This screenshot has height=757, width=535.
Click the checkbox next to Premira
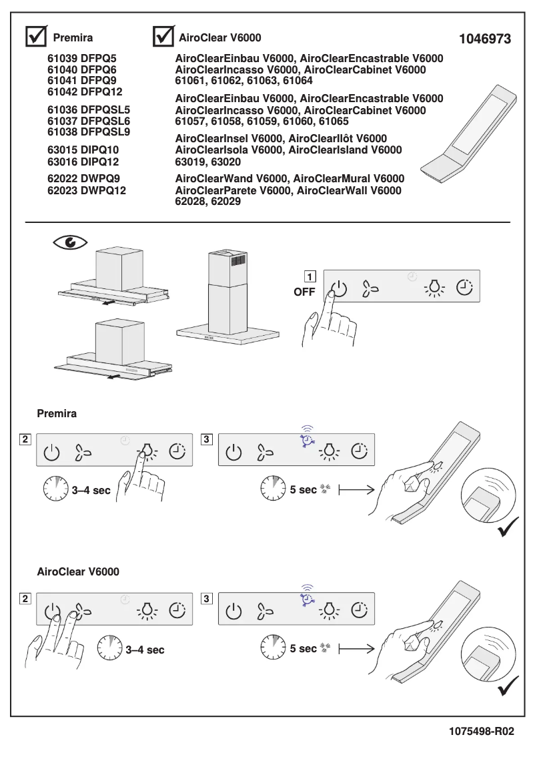(x=35, y=37)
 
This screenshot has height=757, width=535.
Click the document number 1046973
(x=485, y=39)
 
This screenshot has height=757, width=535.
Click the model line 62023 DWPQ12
(x=87, y=190)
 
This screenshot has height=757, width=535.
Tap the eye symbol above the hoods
(x=70, y=242)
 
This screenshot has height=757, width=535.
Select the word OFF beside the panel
(x=304, y=292)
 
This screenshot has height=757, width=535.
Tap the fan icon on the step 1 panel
(x=370, y=289)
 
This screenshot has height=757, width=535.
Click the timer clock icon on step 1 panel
(x=464, y=288)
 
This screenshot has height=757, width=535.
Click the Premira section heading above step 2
(x=57, y=414)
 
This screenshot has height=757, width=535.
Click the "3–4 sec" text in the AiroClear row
(x=145, y=650)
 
